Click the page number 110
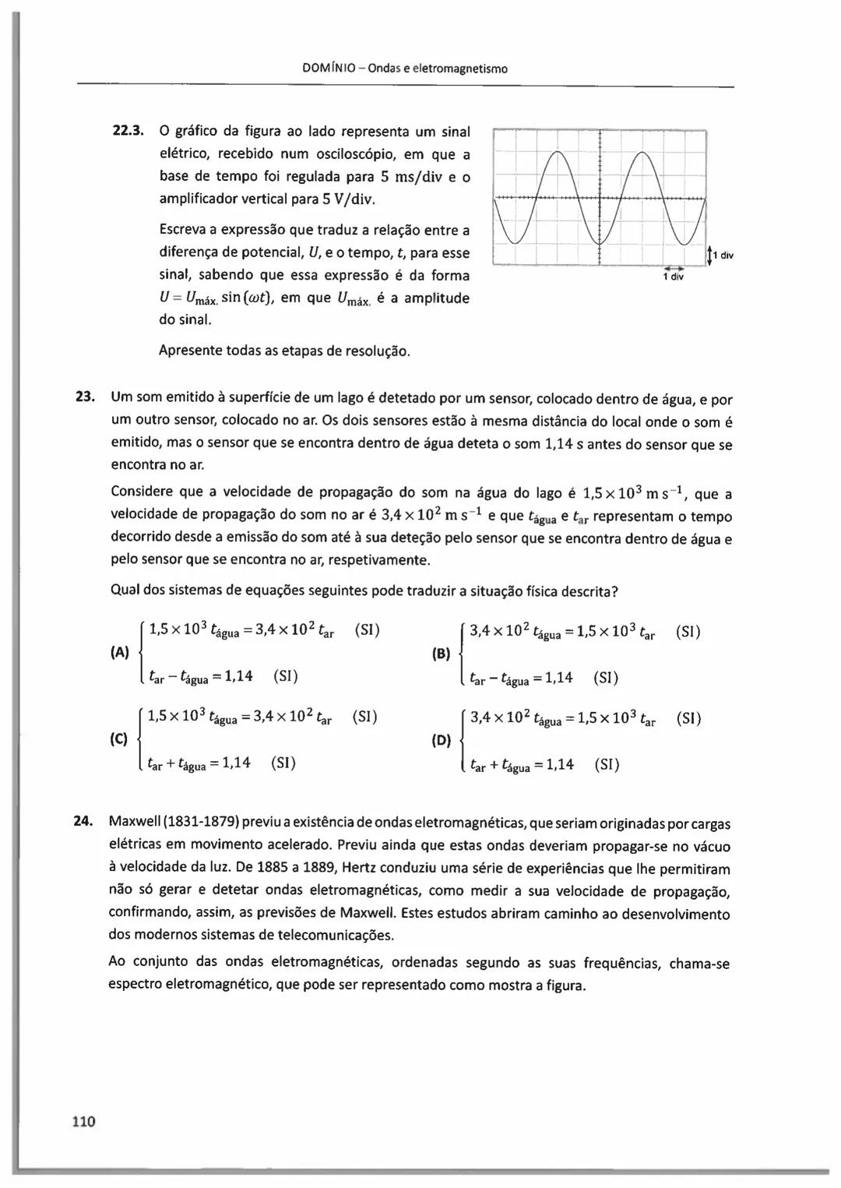pyautogui.click(x=83, y=1121)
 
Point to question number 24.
pyautogui.click(x=83, y=821)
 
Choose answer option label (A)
pyautogui.click(x=120, y=653)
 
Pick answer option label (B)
pyautogui.click(x=441, y=654)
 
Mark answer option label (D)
pyautogui.click(x=441, y=739)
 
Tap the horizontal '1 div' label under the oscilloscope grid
pyautogui.click(x=673, y=277)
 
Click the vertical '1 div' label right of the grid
pyautogui.click(x=723, y=256)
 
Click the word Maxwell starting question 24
pyautogui.click(x=134, y=823)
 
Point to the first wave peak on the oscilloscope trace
pyautogui.click(x=557, y=153)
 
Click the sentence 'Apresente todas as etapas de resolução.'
pyautogui.click(x=284, y=351)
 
